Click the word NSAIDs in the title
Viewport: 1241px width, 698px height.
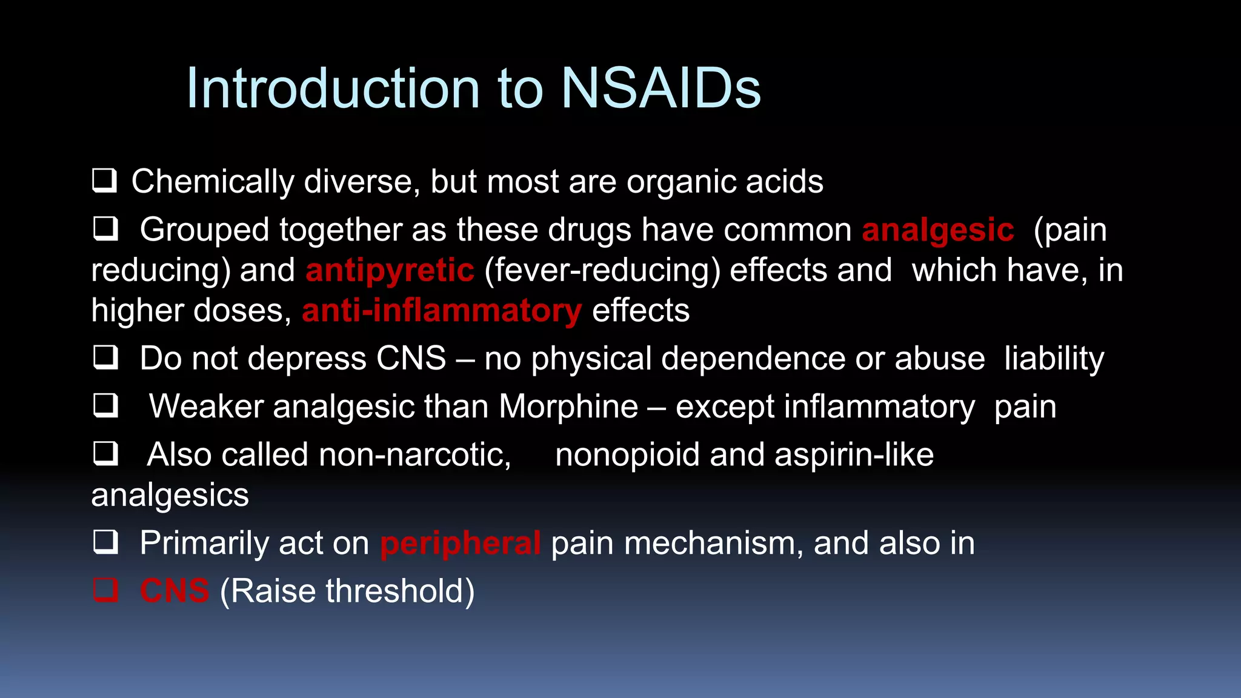tap(660, 89)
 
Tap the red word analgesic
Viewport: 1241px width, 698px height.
tap(937, 231)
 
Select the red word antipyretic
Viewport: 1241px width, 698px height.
tap(390, 271)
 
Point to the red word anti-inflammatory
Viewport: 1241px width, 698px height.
tap(442, 311)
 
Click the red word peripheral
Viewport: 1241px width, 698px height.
tap(460, 543)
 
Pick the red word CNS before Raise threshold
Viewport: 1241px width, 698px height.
tap(175, 591)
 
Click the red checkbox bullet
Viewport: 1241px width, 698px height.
tap(105, 590)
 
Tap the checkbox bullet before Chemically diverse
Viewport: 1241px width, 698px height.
tap(104, 181)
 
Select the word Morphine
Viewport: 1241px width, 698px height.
tap(568, 407)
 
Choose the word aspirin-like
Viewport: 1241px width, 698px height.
tap(854, 455)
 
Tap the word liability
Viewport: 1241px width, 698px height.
tap(1054, 359)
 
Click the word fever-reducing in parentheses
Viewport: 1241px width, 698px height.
tap(603, 271)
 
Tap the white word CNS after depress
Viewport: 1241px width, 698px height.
tap(411, 359)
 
